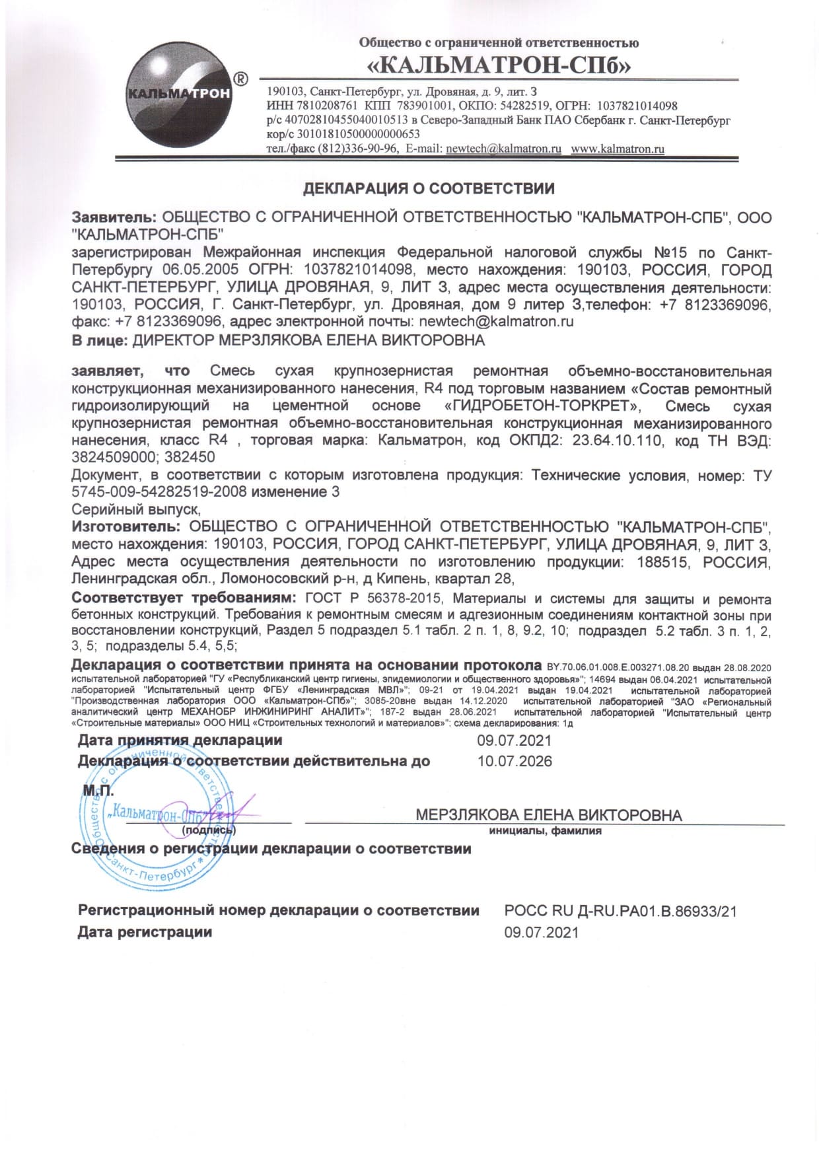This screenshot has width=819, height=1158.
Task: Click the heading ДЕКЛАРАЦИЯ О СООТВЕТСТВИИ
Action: coord(428,189)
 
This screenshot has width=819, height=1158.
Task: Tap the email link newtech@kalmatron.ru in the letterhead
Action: coord(503,149)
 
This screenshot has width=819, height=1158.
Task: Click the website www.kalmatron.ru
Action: coord(617,149)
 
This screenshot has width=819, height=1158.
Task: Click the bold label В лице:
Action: coord(100,341)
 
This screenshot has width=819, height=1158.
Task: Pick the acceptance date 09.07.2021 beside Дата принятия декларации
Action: coord(514,741)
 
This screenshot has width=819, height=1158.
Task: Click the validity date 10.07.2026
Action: coord(515,761)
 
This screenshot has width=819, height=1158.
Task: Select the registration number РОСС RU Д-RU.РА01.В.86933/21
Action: coord(620,911)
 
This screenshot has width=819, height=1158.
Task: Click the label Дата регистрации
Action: coord(145,932)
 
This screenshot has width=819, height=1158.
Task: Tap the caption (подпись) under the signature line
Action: coord(208,830)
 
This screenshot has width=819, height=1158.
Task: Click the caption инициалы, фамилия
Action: coord(545,831)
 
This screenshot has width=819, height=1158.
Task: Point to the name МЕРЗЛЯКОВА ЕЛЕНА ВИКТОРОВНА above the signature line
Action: coord(548,815)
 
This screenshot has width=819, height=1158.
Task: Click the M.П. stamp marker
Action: coord(98,791)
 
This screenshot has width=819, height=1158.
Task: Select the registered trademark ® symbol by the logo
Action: coord(242,79)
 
